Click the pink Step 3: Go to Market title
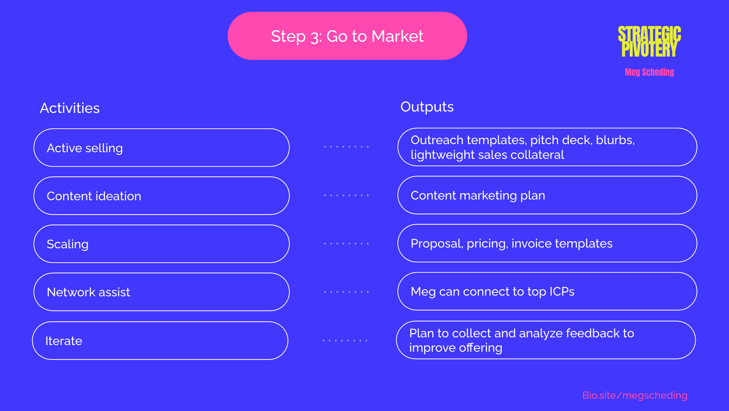(347, 36)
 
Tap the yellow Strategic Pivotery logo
(649, 41)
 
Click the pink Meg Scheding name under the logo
(649, 72)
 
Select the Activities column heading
(70, 108)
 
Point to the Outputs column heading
(427, 107)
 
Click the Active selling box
(161, 148)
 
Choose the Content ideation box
(161, 196)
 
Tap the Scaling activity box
(161, 244)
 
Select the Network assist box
(161, 292)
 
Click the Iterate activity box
(160, 341)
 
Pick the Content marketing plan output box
(547, 195)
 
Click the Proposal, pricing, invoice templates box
(547, 243)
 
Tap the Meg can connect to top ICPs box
(547, 291)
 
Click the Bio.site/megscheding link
(635, 395)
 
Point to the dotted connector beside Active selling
(346, 147)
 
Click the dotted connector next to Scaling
(346, 243)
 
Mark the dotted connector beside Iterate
(345, 340)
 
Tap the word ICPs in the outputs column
(562, 291)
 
